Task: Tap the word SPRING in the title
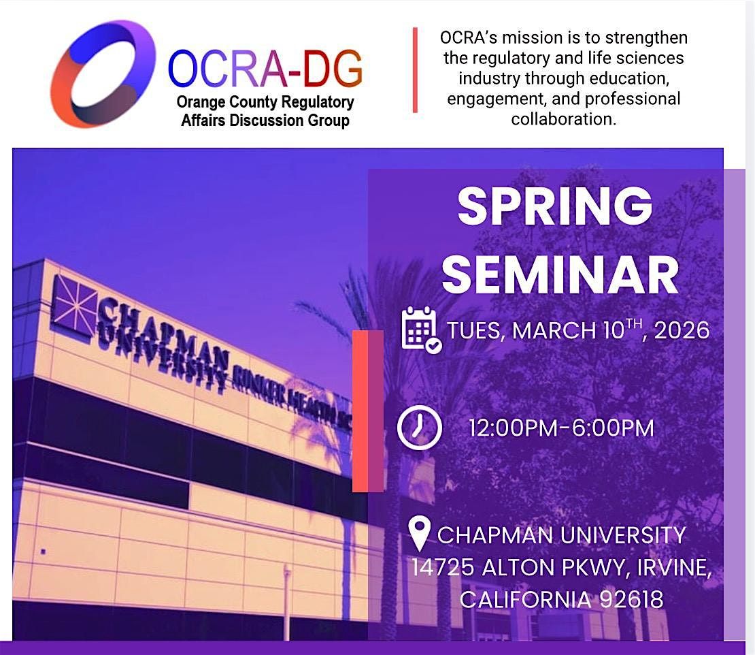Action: pos(555,206)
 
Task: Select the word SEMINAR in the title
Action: pos(560,274)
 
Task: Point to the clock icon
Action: pos(420,428)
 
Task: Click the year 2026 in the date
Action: pos(682,331)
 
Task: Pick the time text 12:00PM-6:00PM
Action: pos(561,428)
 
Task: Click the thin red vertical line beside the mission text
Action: pos(415,70)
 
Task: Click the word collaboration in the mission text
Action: pos(564,118)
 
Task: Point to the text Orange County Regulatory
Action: pos(265,102)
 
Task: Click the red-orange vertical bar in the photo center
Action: pos(361,411)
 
